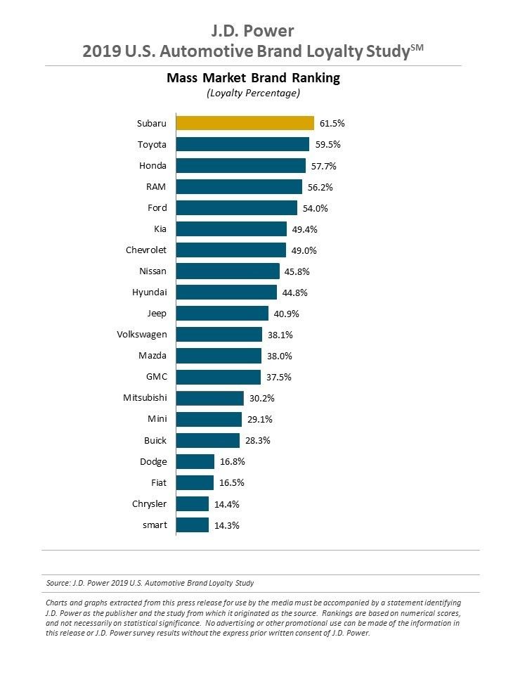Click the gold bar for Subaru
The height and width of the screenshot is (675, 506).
[x=245, y=123]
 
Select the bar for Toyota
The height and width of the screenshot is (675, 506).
[x=242, y=144]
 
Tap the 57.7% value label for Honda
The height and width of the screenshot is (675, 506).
[x=325, y=166]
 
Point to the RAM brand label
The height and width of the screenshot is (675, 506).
[x=157, y=187]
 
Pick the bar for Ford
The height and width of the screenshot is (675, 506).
[x=236, y=208]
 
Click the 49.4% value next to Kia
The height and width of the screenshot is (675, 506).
[x=306, y=229]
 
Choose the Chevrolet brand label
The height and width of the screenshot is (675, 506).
[x=146, y=250]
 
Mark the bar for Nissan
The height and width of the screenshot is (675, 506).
[x=228, y=271]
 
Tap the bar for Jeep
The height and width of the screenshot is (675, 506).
[x=222, y=314]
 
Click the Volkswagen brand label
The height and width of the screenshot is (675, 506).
[x=142, y=335]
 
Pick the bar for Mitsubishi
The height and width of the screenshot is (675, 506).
[x=209, y=398]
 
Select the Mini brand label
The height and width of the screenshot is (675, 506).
[x=157, y=419]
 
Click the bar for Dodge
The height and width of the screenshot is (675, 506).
[x=195, y=461]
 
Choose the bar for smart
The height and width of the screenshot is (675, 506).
[x=193, y=525]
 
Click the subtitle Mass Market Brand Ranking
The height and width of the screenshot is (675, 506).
[x=253, y=78]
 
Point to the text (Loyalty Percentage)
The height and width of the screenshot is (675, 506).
[x=253, y=93]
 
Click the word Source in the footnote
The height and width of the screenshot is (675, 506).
[x=58, y=583]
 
